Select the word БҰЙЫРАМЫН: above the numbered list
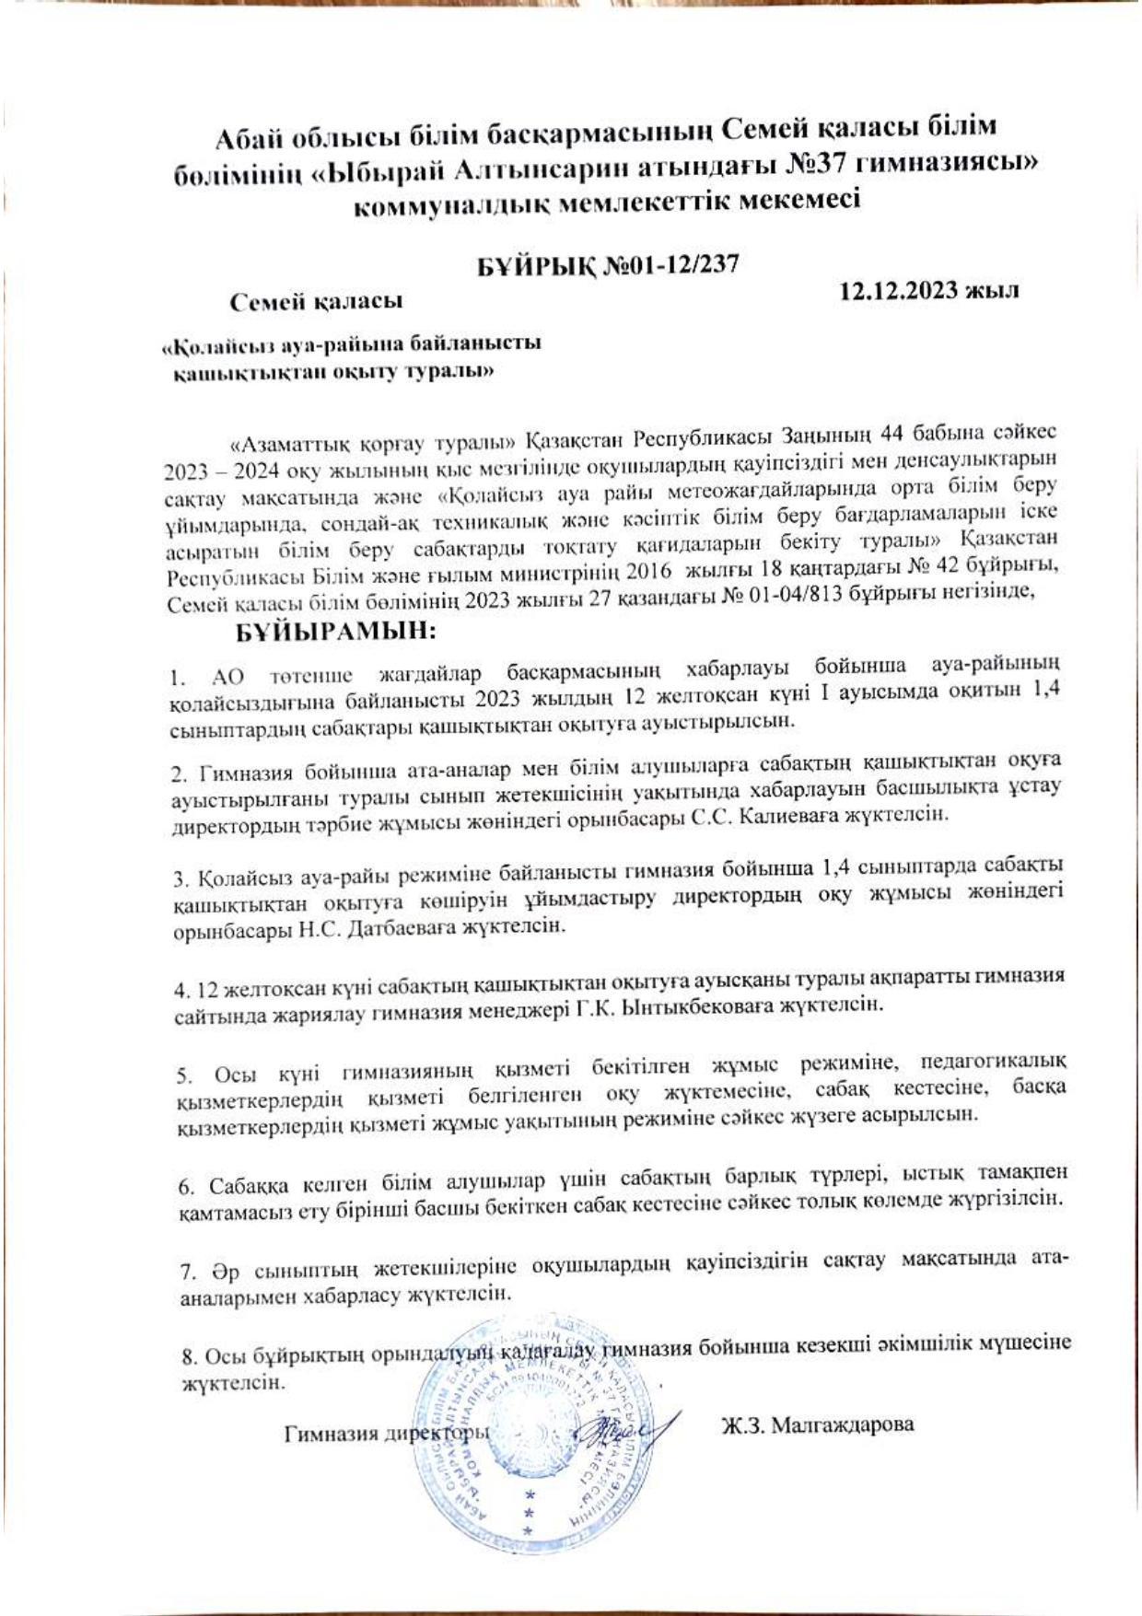click(x=335, y=633)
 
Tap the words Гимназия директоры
click(x=387, y=1434)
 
